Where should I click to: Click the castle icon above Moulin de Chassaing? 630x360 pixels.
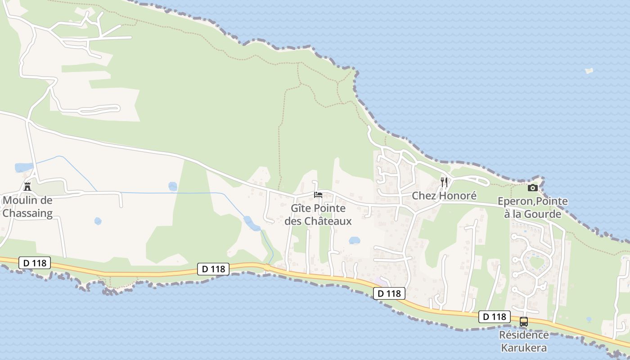[x=27, y=186]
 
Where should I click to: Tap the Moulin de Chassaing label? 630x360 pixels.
[x=27, y=207]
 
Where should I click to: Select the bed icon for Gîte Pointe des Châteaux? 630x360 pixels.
[x=318, y=195]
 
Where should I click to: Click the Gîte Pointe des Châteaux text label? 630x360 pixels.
[x=318, y=215]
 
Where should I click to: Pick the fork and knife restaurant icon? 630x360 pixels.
[x=444, y=182]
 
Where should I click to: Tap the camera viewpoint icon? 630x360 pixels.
[x=533, y=188]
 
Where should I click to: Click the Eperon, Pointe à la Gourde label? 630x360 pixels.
[x=533, y=207]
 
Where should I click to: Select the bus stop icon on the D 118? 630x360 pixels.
[x=524, y=322]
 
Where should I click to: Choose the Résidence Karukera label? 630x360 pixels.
[x=524, y=341]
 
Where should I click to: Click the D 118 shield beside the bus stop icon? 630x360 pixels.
[x=495, y=317]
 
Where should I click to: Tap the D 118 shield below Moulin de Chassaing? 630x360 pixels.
[x=35, y=263]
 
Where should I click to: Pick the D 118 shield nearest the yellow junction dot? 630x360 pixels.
[x=213, y=269]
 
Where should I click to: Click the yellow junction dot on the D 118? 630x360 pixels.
[x=267, y=268]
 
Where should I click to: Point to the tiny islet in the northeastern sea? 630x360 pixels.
[x=589, y=71]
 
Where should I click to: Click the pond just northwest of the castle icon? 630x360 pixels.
[x=23, y=168]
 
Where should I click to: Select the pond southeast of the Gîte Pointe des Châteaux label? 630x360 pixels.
[x=355, y=240]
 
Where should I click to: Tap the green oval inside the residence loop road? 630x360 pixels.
[x=536, y=262]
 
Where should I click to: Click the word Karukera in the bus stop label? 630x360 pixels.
[x=524, y=347]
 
